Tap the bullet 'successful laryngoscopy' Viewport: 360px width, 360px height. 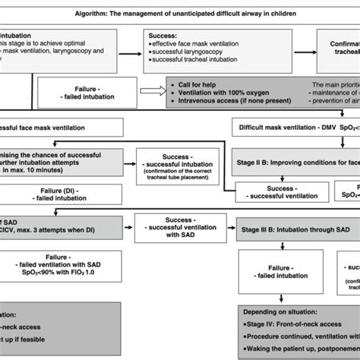(183, 54)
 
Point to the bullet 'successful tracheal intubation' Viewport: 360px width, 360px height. (191, 64)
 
